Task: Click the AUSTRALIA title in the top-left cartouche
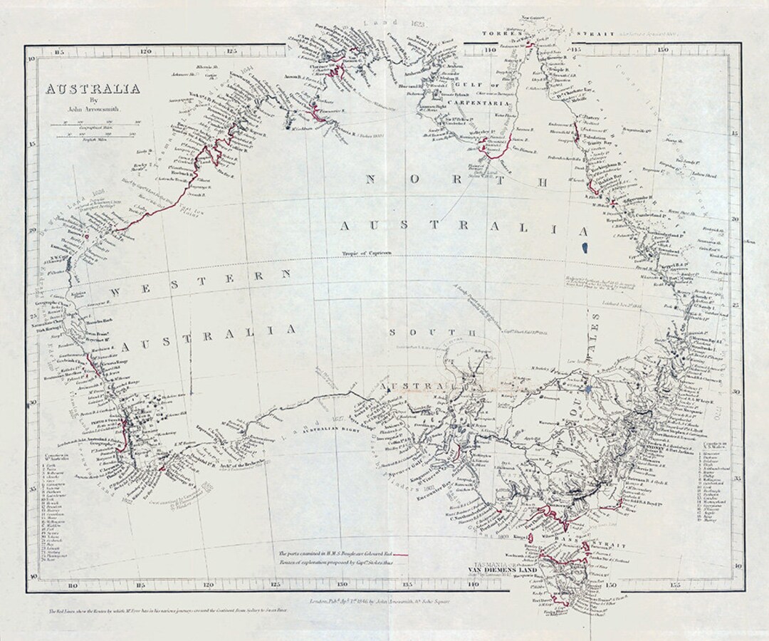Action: coord(93,89)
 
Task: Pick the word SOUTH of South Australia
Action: coord(416,333)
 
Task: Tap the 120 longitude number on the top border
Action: coord(145,51)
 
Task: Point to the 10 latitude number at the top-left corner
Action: coord(31,60)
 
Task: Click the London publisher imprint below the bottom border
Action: coord(378,602)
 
